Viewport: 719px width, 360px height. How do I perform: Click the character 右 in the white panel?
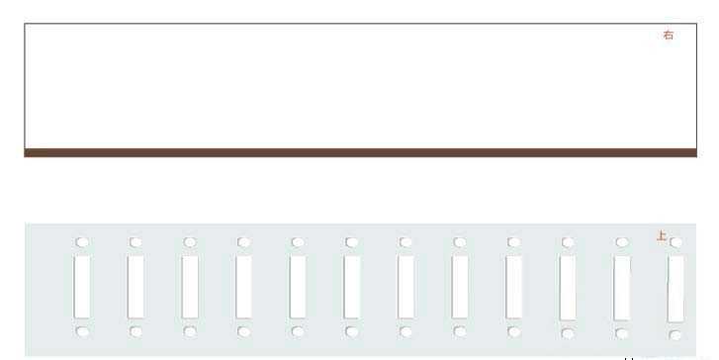point(669,35)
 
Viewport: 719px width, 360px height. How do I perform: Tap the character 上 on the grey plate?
point(662,236)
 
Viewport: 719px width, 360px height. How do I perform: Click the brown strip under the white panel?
point(360,152)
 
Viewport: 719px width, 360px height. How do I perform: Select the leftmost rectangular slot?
point(82,287)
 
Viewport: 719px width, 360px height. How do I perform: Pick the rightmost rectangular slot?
point(675,289)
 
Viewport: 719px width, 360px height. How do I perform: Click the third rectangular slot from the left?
point(190,287)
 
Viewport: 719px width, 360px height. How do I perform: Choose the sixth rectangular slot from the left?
point(352,287)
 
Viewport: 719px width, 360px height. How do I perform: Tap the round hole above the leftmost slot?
point(82,242)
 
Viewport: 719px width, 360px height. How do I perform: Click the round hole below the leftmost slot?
point(82,331)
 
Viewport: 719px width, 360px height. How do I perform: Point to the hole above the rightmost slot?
point(675,242)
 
